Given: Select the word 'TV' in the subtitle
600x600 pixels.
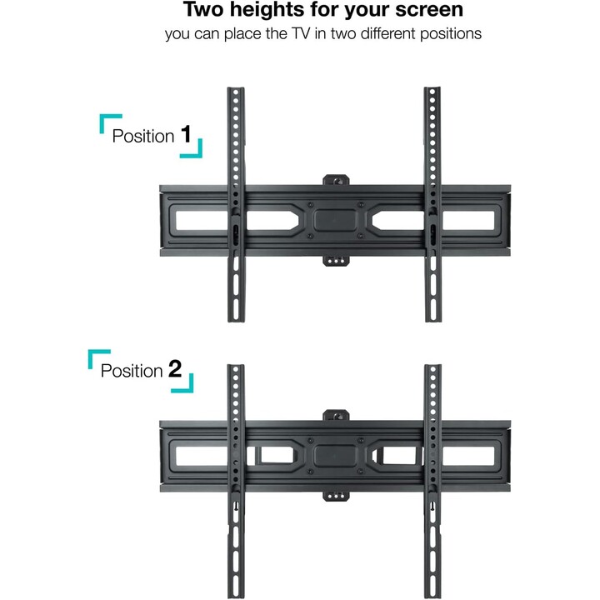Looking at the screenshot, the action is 299,33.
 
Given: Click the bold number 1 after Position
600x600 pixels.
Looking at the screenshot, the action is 186,134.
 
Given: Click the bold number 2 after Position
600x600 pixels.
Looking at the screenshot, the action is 175,369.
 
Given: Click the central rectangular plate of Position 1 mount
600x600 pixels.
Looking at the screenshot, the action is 336,220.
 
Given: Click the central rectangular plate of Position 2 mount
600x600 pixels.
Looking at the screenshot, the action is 336,455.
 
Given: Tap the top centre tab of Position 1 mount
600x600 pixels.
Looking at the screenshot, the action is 336,180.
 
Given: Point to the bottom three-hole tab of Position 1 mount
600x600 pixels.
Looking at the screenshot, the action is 336,261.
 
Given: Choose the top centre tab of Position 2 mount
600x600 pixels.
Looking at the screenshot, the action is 336,415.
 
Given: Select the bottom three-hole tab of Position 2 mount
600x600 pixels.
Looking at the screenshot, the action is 336,496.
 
